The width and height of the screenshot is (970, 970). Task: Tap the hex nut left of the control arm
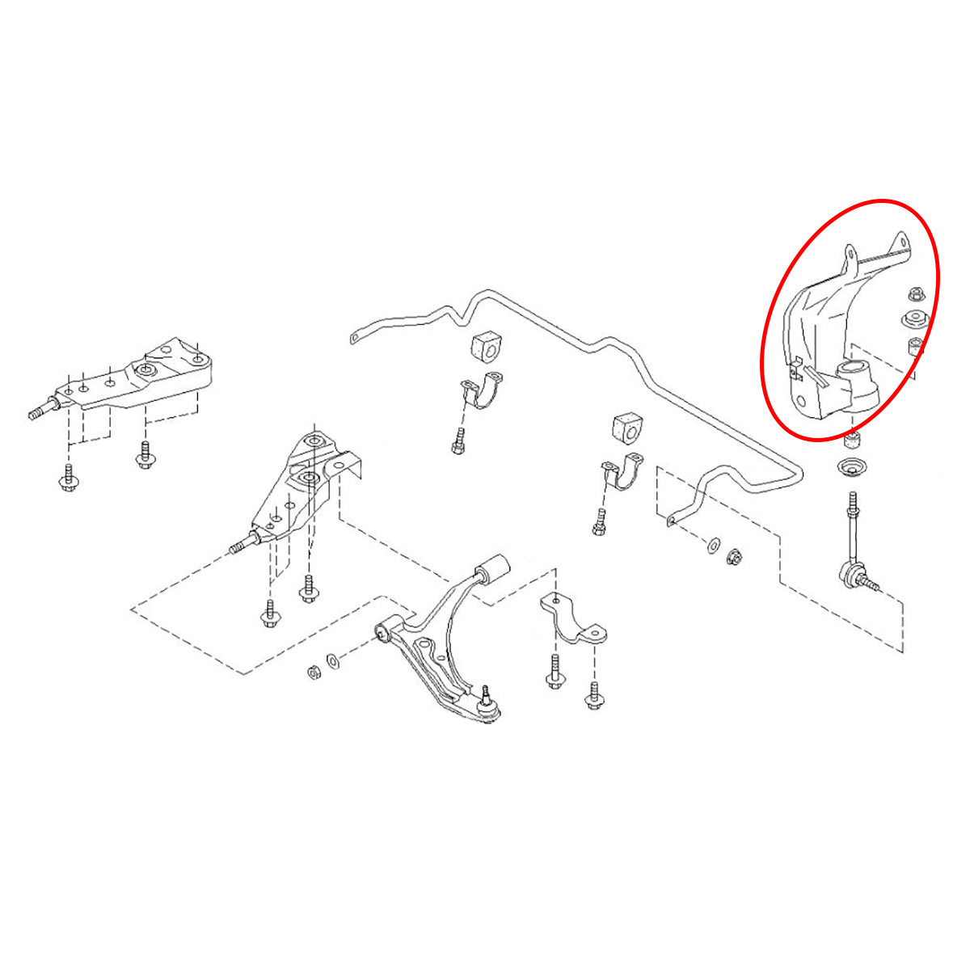click(313, 672)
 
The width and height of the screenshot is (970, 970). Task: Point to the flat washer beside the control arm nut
click(332, 660)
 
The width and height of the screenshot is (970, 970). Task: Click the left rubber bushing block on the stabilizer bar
click(486, 347)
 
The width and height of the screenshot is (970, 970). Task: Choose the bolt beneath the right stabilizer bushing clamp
click(598, 522)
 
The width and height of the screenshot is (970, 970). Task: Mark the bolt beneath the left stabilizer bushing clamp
click(458, 441)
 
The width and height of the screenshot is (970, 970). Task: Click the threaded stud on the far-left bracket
click(38, 413)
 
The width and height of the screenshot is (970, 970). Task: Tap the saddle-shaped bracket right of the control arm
click(573, 623)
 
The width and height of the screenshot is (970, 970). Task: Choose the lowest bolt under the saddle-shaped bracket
click(595, 697)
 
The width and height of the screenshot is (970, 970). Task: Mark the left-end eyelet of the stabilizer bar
click(353, 338)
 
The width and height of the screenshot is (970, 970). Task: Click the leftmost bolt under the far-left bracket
click(69, 479)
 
